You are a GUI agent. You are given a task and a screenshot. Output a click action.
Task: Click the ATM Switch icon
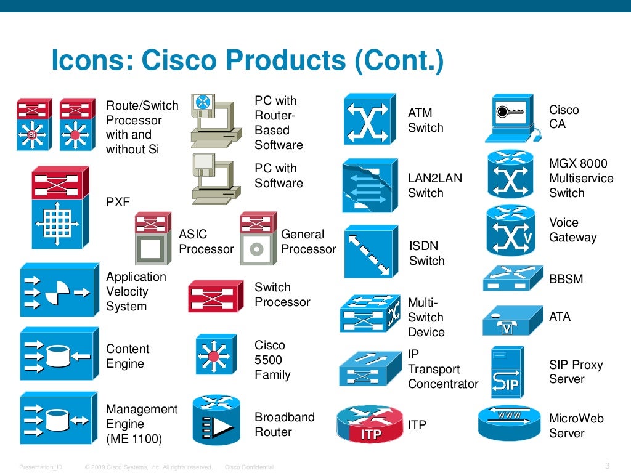(x=369, y=119)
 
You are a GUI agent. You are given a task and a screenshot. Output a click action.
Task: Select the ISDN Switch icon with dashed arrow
(x=371, y=251)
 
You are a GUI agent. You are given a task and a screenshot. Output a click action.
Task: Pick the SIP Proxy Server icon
(x=507, y=372)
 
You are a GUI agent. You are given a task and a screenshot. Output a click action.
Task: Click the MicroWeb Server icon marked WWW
(x=509, y=422)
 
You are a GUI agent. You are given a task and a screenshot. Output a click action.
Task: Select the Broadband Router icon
(x=216, y=421)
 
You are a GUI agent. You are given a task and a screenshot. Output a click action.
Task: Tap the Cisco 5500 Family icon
(x=215, y=355)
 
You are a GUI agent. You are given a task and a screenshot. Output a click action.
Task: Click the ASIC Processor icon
(x=152, y=239)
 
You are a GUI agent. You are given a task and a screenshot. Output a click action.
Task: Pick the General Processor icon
(x=258, y=239)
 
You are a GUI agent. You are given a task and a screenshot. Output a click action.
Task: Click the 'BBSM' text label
(x=566, y=279)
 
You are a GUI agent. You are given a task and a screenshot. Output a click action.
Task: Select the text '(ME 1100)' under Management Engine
(x=134, y=439)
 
